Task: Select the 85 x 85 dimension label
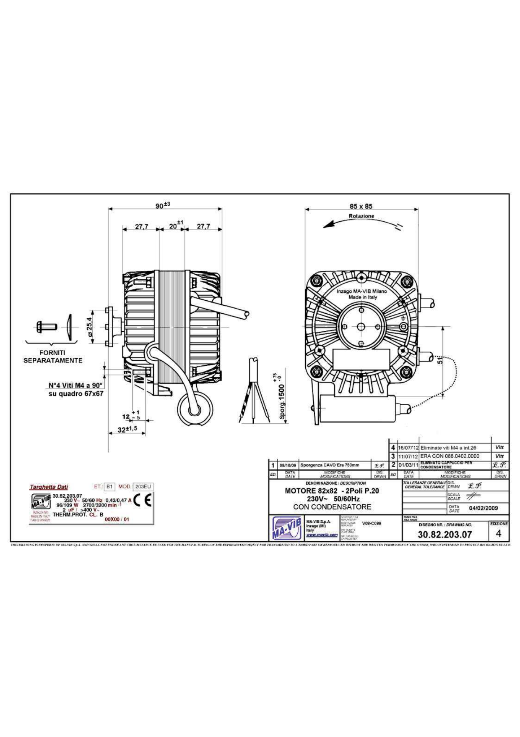pos(361,206)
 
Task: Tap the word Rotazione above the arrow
pos(361,216)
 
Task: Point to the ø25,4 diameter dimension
pos(89,327)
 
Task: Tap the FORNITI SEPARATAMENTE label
pos(52,357)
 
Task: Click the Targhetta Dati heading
pos(49,487)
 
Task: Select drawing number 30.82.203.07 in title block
pos(445,535)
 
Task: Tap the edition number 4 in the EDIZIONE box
pos(498,534)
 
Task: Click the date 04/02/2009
pos(484,508)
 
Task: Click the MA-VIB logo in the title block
pos(287,528)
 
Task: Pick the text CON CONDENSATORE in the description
pos(332,507)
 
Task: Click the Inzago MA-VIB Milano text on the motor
pos(362,291)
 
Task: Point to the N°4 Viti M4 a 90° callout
pos(75,386)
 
